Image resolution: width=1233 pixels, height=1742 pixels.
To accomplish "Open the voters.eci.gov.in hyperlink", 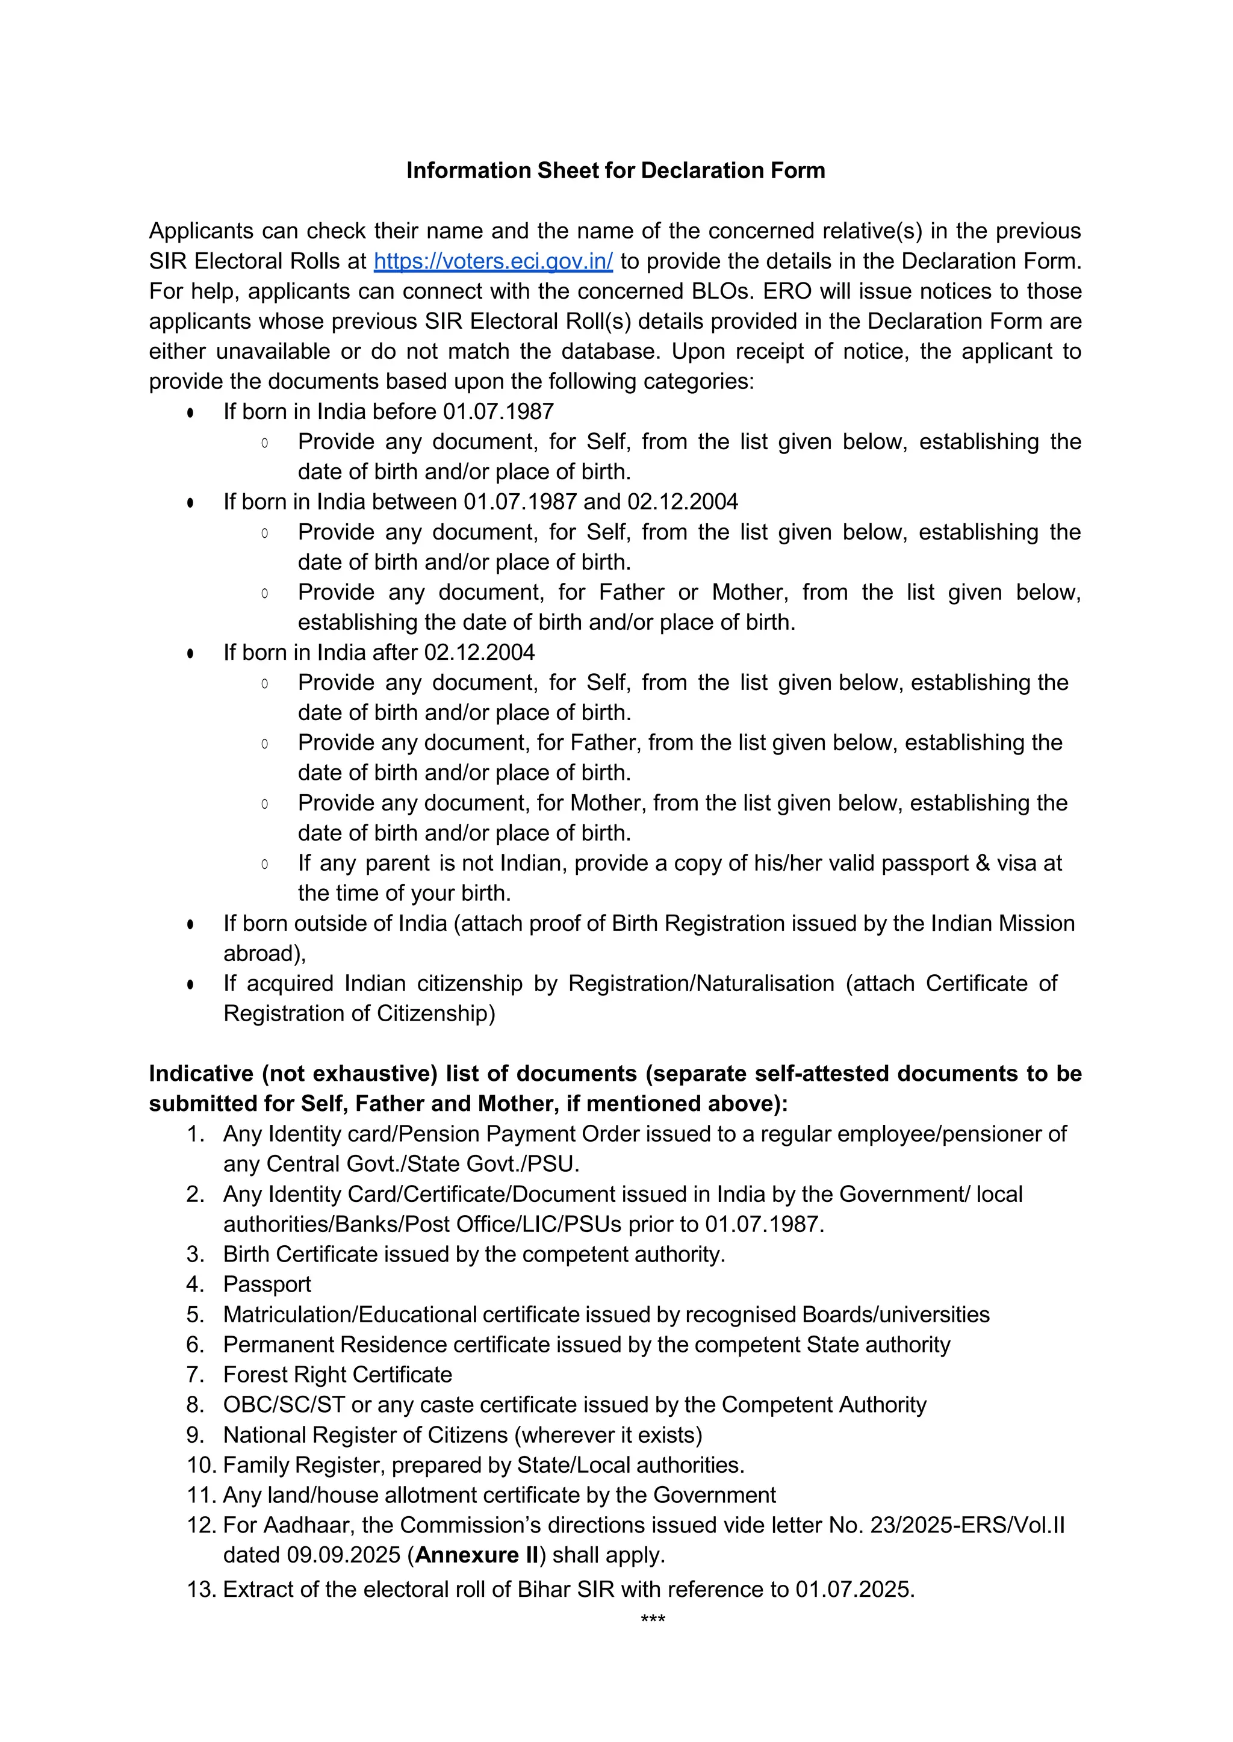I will tap(492, 261).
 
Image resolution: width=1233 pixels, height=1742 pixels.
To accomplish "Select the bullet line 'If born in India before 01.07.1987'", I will tap(388, 412).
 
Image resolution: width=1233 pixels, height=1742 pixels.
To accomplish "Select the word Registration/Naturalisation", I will tap(701, 983).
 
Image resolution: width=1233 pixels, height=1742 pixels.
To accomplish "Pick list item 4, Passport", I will tap(267, 1284).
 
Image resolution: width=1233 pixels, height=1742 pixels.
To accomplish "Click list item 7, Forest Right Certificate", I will tap(337, 1375).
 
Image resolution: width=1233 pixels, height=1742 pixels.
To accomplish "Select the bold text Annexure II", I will tap(477, 1555).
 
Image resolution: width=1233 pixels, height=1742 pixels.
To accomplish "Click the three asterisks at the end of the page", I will tap(653, 1620).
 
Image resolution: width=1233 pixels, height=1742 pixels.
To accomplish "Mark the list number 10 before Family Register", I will tap(200, 1465).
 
